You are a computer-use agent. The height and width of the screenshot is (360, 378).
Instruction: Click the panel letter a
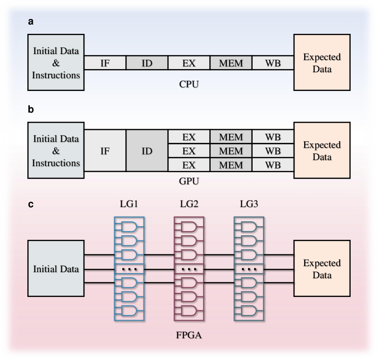[x=30, y=22]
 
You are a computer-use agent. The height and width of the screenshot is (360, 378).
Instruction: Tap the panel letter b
[x=30, y=109]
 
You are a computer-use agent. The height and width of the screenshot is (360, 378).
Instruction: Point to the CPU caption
[x=188, y=84]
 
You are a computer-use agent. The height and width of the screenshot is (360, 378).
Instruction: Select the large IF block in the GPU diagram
[x=105, y=150]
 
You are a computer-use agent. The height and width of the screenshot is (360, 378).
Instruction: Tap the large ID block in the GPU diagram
[x=147, y=150]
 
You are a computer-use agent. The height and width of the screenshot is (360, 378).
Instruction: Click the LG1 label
[x=129, y=206]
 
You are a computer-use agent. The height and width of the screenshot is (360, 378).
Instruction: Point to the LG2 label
[x=188, y=206]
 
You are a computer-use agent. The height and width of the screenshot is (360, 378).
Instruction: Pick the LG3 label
[x=249, y=206]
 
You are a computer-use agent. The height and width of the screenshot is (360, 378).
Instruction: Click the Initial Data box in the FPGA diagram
[x=56, y=269]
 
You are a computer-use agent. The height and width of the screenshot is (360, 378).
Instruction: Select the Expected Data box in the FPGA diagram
[x=321, y=269]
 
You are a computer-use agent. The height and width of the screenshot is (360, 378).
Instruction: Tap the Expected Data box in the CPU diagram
[x=321, y=63]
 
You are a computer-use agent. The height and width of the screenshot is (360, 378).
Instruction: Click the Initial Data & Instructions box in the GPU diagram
[x=56, y=150]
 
